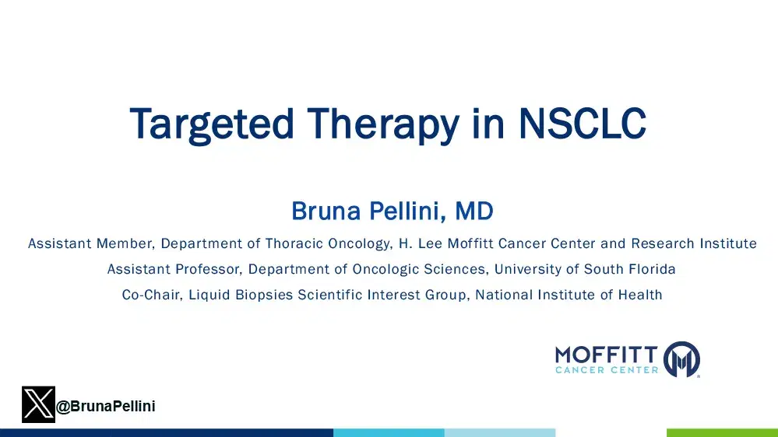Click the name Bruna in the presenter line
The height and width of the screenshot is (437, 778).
[x=322, y=211]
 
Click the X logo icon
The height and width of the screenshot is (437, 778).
[x=38, y=405]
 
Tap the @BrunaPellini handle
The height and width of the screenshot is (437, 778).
[x=105, y=406]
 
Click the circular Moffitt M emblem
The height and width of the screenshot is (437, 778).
[x=681, y=359]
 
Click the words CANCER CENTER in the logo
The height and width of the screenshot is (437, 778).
[x=607, y=370]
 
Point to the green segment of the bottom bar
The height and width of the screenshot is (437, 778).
[x=722, y=432]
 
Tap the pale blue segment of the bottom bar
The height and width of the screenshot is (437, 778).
[x=499, y=432]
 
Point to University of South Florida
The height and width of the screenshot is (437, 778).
[x=585, y=270]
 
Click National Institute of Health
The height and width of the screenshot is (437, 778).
[x=569, y=295]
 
